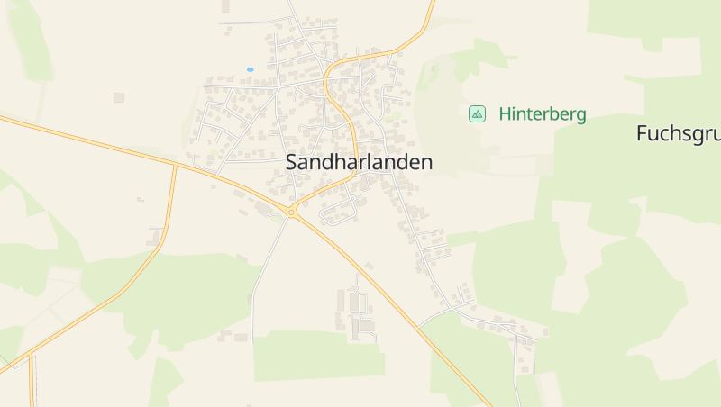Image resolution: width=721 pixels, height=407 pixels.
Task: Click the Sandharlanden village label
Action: click(359, 163)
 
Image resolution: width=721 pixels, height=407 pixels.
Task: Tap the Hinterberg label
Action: click(542, 114)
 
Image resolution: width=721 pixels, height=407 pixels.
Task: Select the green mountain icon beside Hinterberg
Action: click(477, 113)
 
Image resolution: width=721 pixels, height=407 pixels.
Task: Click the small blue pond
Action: click(250, 69)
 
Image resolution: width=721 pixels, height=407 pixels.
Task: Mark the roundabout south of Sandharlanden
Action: click(291, 213)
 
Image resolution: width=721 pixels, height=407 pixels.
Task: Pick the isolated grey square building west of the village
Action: click(119, 97)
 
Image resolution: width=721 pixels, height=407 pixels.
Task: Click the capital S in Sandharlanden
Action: click(291, 163)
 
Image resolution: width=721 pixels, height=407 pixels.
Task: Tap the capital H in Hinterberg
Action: click(505, 114)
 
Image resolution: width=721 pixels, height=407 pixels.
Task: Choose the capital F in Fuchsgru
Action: click(642, 133)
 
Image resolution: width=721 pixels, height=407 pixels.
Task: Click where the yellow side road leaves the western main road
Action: click(175, 165)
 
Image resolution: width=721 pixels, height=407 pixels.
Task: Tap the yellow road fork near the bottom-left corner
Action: click(30, 355)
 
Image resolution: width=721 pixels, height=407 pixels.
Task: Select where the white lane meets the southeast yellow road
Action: click(418, 325)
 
